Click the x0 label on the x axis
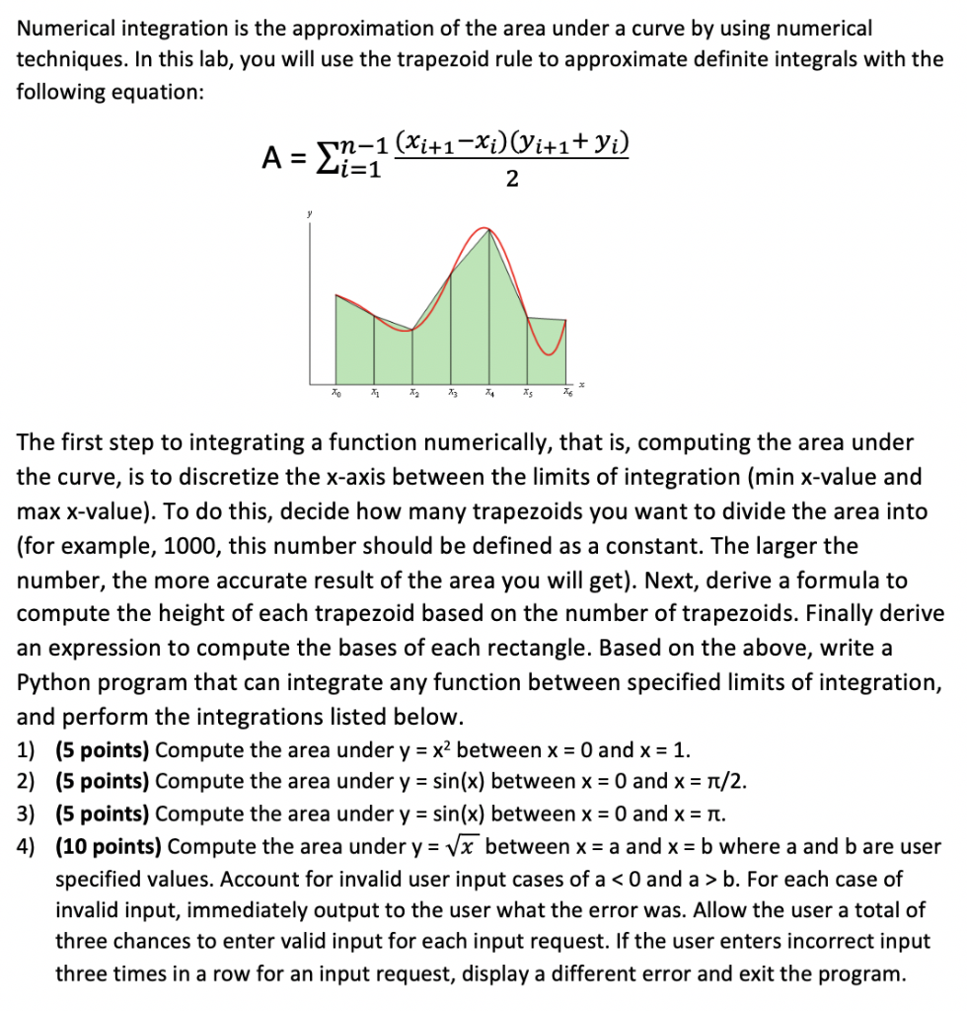[336, 396]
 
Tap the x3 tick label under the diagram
[451, 396]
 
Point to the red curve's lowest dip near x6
[552, 353]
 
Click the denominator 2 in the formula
[510, 179]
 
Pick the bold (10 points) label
[112, 847]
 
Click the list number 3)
[30, 815]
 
